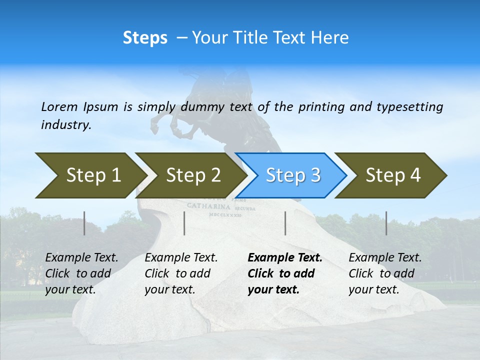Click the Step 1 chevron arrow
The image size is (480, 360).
(x=90, y=175)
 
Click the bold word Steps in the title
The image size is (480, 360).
(x=145, y=38)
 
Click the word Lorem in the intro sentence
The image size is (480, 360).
(x=59, y=106)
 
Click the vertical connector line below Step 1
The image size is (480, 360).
(x=84, y=223)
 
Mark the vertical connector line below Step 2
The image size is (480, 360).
(x=184, y=223)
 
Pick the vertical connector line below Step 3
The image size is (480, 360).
(x=285, y=223)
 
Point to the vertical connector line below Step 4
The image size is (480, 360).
(x=386, y=223)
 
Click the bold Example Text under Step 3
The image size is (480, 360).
(x=285, y=258)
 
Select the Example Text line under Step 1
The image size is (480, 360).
(x=81, y=258)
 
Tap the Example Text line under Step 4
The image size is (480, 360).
(x=385, y=258)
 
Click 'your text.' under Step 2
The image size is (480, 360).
(x=170, y=289)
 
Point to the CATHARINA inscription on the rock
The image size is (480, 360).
(x=208, y=206)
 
